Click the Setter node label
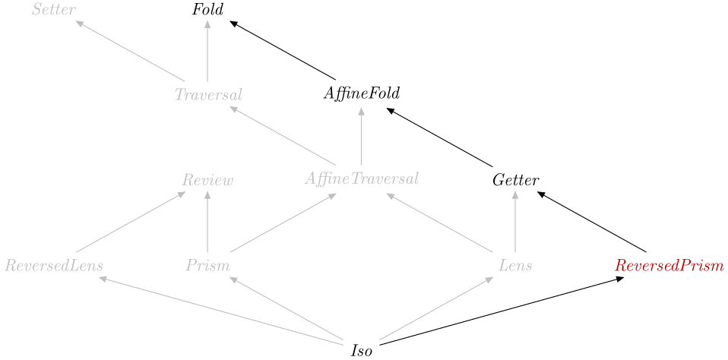pos(54,10)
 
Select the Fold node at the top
pos(207,10)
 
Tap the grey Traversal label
pos(208,95)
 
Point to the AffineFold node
pos(362,94)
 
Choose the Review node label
pos(207,181)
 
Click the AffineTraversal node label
pos(362,179)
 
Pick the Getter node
pos(515,181)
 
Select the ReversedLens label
pos(54,266)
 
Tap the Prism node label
pos(207,266)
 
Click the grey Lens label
pos(515,266)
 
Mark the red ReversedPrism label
pos(669,266)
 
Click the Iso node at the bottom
pos(362,351)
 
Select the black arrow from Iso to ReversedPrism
pos(502,311)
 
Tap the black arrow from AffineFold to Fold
pos(283,49)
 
